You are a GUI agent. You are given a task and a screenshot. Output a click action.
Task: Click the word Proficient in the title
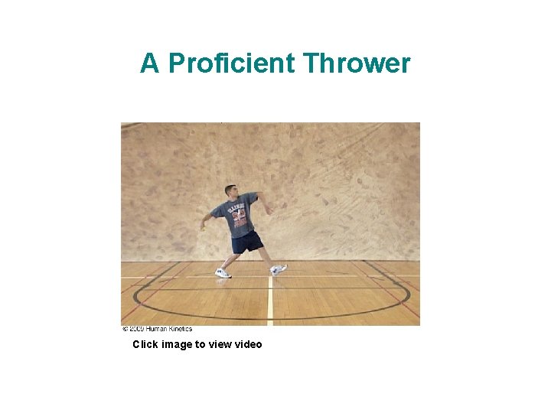pos(232,64)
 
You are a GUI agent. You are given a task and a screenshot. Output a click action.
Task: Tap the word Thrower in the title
pos(357,64)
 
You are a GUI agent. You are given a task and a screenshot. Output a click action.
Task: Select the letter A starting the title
pos(149,64)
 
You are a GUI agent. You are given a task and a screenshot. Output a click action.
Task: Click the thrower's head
pos(230,190)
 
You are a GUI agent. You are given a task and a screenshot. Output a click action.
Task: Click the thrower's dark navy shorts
pos(246,243)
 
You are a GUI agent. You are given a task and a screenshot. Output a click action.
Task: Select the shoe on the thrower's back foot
pos(223,272)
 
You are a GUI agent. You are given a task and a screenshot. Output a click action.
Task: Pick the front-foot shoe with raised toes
pos(279,269)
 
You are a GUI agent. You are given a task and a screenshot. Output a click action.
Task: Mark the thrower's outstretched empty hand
pos(203,226)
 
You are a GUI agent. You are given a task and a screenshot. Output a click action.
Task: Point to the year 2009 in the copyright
pos(136,329)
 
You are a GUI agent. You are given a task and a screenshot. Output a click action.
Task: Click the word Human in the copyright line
pos(158,329)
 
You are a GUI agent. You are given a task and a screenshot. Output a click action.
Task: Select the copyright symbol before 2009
pos(125,329)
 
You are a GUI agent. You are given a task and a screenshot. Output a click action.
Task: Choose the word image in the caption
pos(177,345)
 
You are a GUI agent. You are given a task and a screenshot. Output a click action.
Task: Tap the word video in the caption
pos(247,344)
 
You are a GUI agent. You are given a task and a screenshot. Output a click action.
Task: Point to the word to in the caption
pos(201,344)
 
